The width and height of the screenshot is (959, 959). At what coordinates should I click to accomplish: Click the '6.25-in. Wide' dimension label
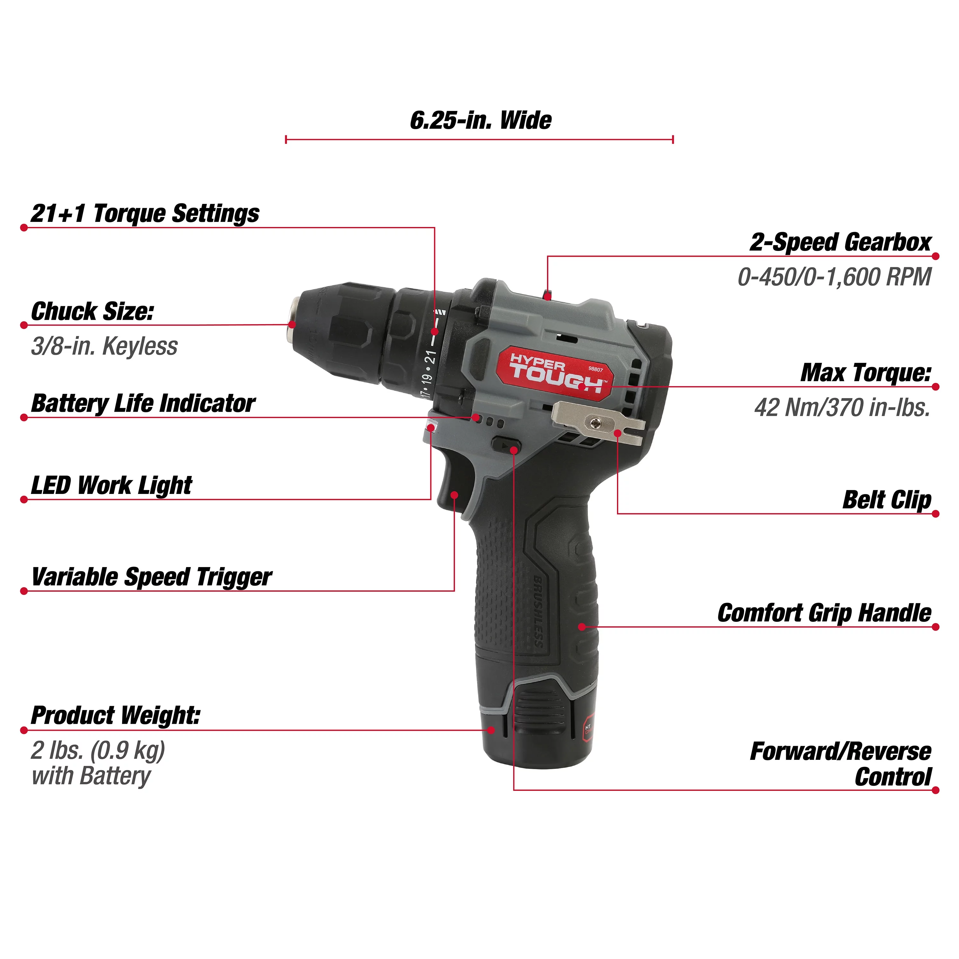480,121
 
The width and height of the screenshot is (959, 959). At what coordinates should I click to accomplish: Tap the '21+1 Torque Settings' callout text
145,214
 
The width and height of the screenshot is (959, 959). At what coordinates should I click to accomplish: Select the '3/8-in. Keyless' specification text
104,346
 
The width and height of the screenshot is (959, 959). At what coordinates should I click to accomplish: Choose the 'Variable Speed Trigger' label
152,577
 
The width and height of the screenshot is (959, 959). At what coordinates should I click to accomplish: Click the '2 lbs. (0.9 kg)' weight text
98,751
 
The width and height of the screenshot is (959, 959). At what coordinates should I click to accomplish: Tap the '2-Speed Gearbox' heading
840,243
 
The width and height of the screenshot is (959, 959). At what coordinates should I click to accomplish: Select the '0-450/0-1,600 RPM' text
834,277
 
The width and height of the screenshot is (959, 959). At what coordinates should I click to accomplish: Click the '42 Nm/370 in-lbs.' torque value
842,408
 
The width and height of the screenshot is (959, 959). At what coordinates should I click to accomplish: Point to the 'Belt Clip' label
887,500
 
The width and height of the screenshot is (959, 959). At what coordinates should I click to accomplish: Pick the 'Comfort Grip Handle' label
824,613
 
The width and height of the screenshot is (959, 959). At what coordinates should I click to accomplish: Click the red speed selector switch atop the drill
547,295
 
